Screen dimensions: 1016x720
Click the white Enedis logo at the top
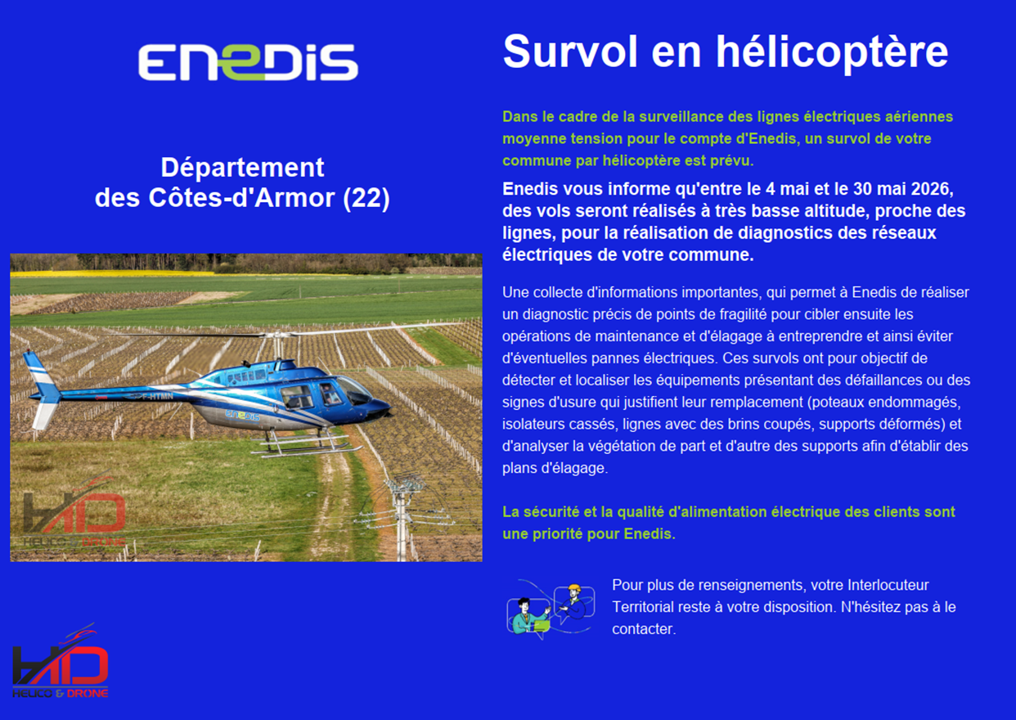pos(248,62)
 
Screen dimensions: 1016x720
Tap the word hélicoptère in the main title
pos(832,52)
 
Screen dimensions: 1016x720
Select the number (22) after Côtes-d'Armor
pos(366,199)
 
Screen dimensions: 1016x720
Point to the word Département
pos(243,168)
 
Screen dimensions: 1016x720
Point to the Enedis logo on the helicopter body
pos(242,416)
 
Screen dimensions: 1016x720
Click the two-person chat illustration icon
pos(551,610)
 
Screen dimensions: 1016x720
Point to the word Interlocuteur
pos(888,585)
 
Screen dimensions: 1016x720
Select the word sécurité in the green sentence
pos(551,511)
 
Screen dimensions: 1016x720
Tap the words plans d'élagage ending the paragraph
pos(555,468)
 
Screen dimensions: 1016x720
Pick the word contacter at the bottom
pos(644,629)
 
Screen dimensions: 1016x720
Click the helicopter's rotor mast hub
pos(277,336)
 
